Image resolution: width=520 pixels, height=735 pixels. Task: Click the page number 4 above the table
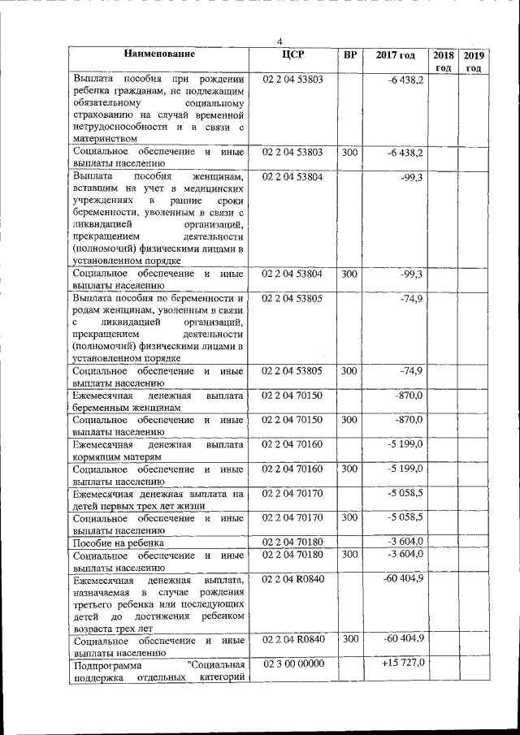[x=279, y=41]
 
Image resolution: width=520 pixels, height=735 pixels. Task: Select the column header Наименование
[x=159, y=54]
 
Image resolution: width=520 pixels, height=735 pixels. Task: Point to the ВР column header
[x=349, y=55]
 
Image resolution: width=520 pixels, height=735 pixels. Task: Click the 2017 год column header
[x=396, y=55]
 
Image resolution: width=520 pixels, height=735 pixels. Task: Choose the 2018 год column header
[x=443, y=61]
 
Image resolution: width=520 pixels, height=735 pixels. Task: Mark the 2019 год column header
[x=474, y=61]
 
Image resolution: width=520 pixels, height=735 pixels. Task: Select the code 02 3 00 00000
[x=292, y=664]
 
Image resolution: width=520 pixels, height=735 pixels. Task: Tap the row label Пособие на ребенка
[x=119, y=543]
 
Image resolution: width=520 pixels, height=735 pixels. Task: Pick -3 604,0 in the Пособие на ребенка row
[x=405, y=542]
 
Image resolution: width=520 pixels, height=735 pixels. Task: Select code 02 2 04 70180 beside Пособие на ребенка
[x=292, y=542]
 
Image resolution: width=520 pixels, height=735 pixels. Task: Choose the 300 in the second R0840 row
[x=349, y=639]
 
